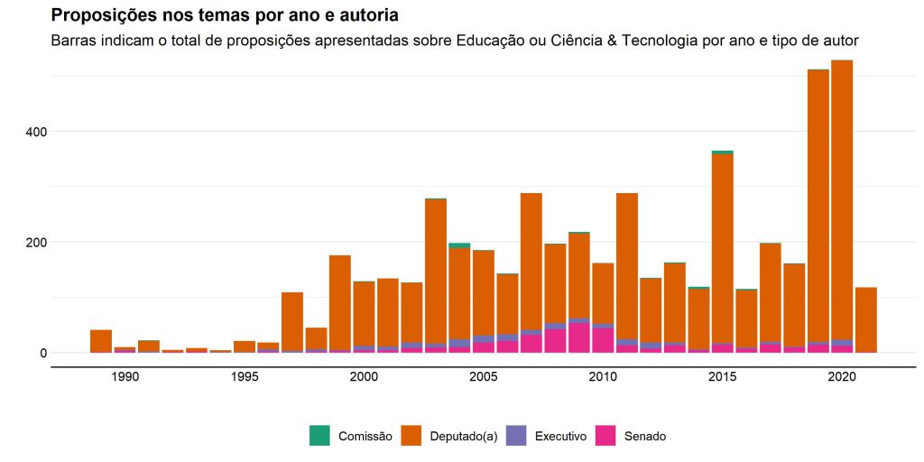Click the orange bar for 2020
coord(842,199)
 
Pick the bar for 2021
coord(866,319)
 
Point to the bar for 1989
coord(101,341)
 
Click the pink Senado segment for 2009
coord(579,337)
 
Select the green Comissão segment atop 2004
coord(459,245)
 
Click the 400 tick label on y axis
coord(35,132)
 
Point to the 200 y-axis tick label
coord(35,243)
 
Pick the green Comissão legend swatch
coord(319,436)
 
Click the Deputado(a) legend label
coord(463,437)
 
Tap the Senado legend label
coord(644,437)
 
